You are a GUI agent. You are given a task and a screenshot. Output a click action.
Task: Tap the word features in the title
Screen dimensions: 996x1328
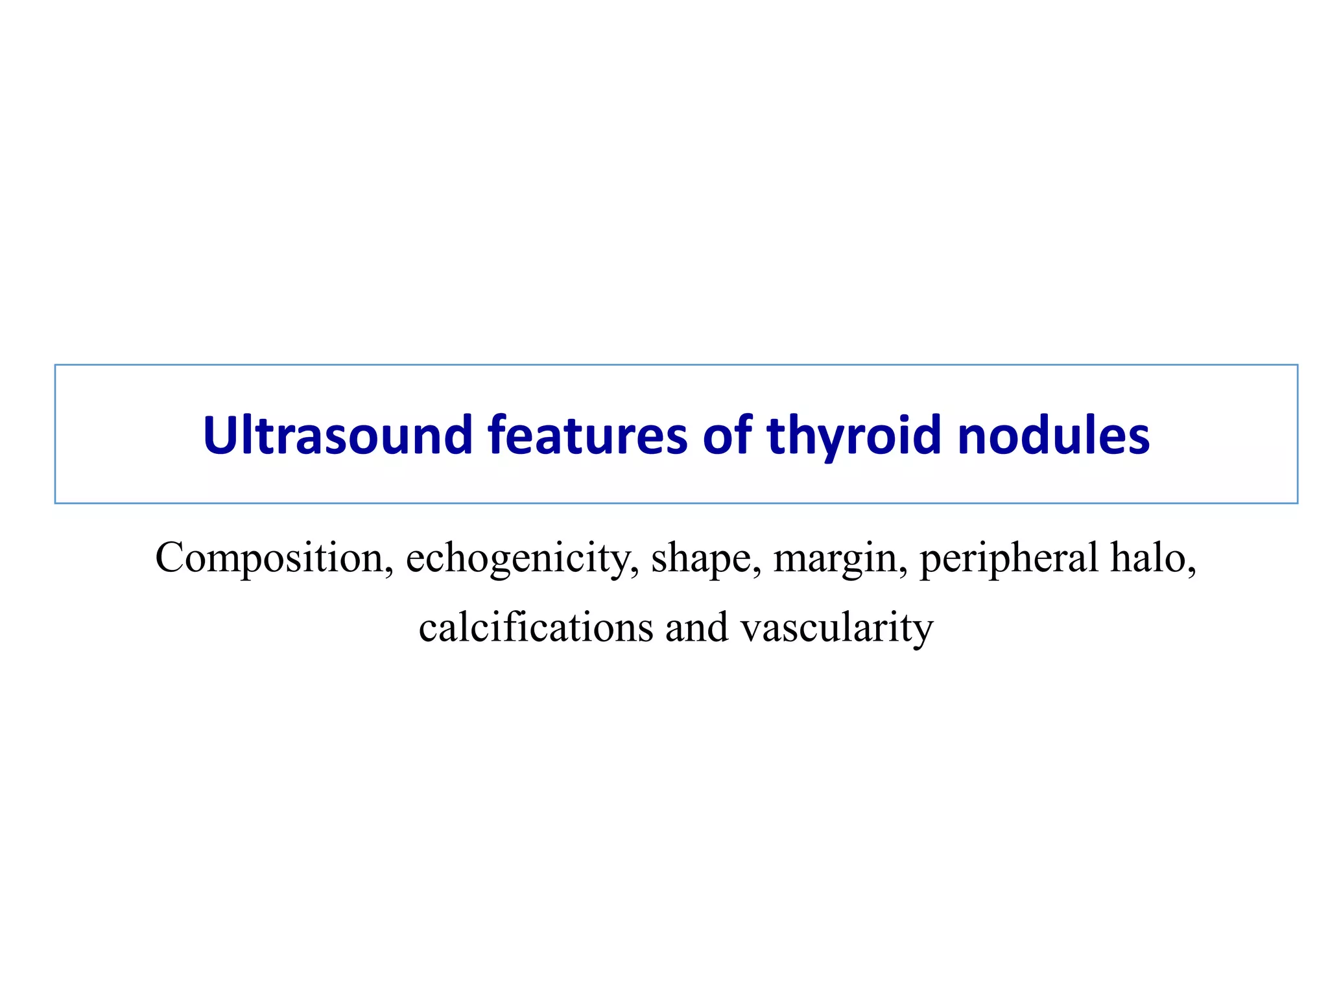tap(587, 434)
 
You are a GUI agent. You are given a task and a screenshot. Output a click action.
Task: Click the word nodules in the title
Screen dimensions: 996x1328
tap(1054, 434)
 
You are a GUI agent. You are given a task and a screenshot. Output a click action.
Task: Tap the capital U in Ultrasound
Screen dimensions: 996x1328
tap(218, 434)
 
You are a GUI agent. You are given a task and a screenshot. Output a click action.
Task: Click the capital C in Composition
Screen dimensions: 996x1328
tap(170, 557)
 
